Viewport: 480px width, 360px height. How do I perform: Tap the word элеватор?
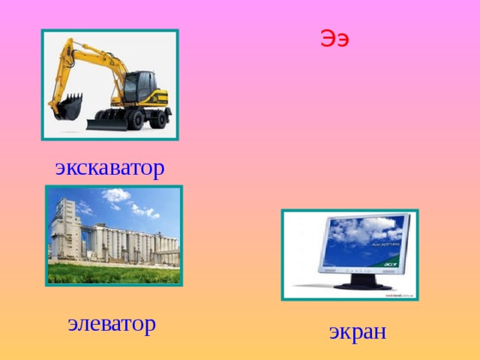pyautogui.click(x=112, y=323)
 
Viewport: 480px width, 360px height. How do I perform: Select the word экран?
pyautogui.click(x=358, y=331)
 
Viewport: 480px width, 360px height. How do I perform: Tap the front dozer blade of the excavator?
pyautogui.click(x=105, y=122)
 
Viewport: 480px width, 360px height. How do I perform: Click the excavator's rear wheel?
pyautogui.click(x=159, y=118)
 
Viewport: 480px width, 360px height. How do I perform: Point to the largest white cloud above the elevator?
pyautogui.click(x=115, y=196)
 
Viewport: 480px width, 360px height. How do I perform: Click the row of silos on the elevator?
pyautogui.click(x=139, y=244)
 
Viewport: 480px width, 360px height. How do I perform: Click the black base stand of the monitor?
pyautogui.click(x=361, y=285)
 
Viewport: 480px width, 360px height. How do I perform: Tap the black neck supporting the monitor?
pyautogui.click(x=361, y=277)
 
